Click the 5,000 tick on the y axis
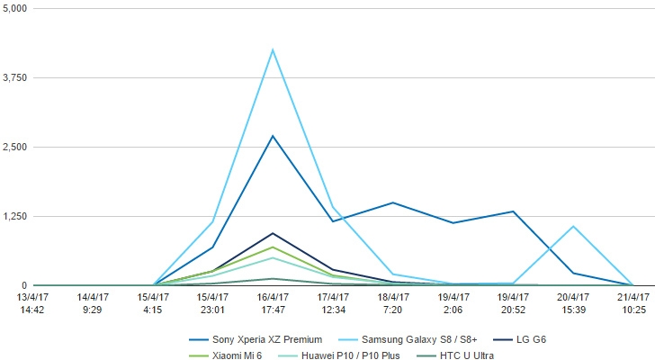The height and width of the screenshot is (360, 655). pyautogui.click(x=16, y=8)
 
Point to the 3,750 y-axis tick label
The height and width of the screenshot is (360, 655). pyautogui.click(x=16, y=77)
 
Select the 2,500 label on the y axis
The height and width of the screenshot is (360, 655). pyautogui.click(x=16, y=147)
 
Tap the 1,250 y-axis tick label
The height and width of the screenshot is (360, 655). pyautogui.click(x=16, y=216)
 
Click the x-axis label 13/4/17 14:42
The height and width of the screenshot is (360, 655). pyautogui.click(x=31, y=303)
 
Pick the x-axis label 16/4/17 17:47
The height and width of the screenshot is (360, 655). pyautogui.click(x=273, y=303)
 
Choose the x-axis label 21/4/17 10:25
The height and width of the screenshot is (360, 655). pyautogui.click(x=633, y=303)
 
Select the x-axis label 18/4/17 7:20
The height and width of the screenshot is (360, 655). pyautogui.click(x=392, y=303)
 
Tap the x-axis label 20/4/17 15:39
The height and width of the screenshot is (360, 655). pyautogui.click(x=573, y=303)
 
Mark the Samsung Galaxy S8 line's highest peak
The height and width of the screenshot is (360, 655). pyautogui.click(x=273, y=49)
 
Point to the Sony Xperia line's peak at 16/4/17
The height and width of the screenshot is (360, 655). pyautogui.click(x=273, y=136)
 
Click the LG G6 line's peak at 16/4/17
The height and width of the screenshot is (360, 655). pyautogui.click(x=273, y=233)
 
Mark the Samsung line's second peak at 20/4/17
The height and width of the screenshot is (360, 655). pyautogui.click(x=573, y=226)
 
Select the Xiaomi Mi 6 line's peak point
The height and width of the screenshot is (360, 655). pyautogui.click(x=273, y=247)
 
